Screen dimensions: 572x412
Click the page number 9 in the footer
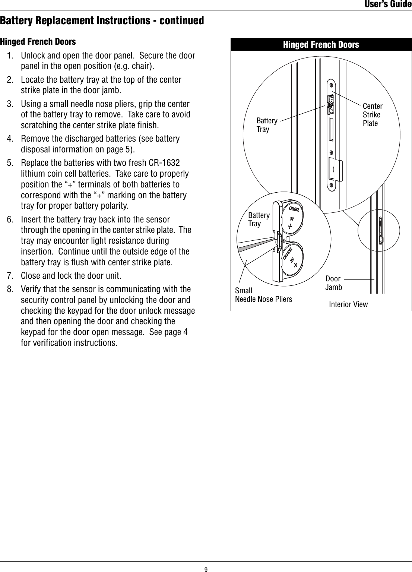(x=206, y=569)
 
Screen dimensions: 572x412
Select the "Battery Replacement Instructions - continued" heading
(x=102, y=20)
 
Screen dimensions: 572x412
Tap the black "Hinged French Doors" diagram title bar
(x=321, y=45)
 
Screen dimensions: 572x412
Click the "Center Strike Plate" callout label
(x=372, y=114)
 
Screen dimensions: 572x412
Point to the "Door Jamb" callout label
(x=333, y=283)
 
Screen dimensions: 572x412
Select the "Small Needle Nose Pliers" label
(x=263, y=294)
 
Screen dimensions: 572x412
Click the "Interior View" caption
(x=348, y=304)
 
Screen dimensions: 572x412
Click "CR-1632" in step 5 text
(x=164, y=163)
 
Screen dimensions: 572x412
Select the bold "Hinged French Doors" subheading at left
(x=38, y=41)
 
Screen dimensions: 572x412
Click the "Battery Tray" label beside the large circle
(x=267, y=125)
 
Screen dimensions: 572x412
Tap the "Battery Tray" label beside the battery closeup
(x=259, y=219)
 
